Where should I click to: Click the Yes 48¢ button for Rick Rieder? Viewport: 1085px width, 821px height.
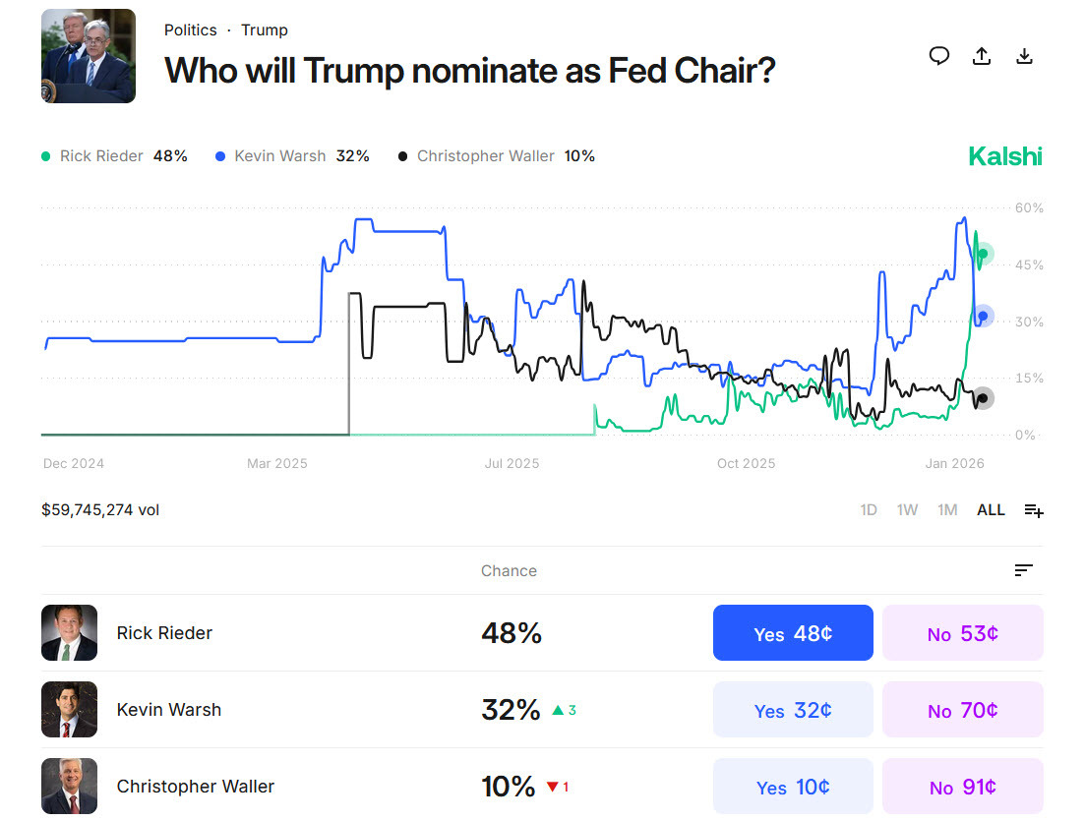point(793,633)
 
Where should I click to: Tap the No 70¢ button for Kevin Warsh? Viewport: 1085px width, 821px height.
point(962,710)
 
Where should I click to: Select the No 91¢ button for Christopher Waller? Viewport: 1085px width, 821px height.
point(962,787)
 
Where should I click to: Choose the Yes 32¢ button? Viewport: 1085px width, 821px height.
point(793,710)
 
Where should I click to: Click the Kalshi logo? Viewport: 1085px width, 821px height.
point(1004,156)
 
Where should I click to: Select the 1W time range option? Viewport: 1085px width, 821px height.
point(907,510)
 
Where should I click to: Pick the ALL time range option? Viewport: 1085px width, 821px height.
point(991,510)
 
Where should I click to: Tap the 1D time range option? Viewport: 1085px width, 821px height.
point(869,510)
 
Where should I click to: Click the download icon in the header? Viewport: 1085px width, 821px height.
point(1024,56)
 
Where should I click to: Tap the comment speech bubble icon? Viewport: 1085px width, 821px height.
point(939,56)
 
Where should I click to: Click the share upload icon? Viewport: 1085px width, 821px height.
point(981,56)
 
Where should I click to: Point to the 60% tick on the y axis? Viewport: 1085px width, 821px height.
point(1029,208)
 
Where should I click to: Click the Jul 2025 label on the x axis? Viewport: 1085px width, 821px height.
point(512,464)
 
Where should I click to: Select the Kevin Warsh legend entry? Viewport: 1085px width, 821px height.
point(291,156)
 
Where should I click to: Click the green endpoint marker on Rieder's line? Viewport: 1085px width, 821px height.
point(982,255)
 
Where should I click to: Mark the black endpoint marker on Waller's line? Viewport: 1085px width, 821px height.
point(982,398)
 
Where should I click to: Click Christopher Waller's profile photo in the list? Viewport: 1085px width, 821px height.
point(69,787)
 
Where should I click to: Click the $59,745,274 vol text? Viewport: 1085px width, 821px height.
point(100,510)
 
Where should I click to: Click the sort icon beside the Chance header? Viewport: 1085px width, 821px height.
point(1023,570)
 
